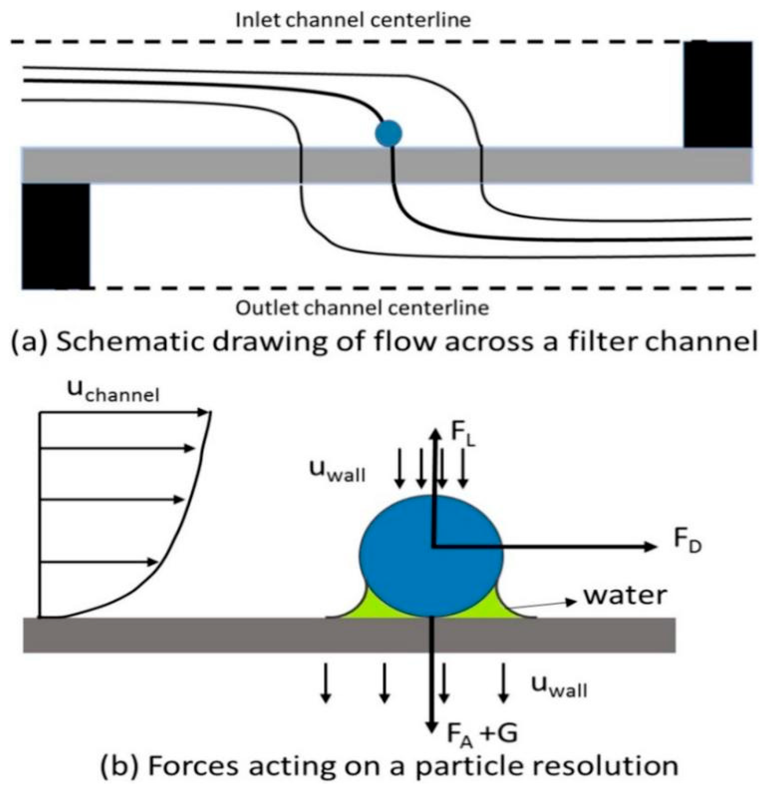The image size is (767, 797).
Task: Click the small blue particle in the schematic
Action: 388,133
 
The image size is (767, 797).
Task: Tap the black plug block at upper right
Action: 717,94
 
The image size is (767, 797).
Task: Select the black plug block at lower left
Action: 56,236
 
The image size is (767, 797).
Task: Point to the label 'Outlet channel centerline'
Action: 362,308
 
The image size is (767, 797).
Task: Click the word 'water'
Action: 625,595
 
